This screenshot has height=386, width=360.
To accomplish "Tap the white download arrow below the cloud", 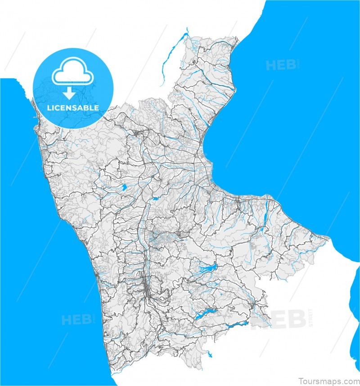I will coord(68,93).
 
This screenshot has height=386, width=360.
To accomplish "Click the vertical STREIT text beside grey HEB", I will coord(310,318).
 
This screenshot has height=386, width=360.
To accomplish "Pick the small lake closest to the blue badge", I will coord(122,187).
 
